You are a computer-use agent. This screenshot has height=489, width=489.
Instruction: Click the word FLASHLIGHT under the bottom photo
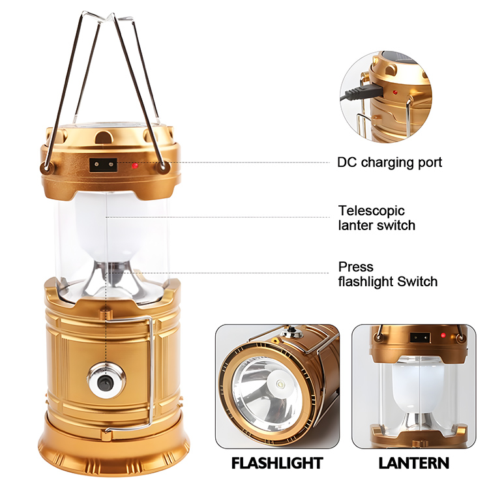[277, 463]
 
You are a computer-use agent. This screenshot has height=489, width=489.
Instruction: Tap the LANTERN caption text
[414, 463]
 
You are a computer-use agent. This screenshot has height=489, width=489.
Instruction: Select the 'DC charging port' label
[389, 162]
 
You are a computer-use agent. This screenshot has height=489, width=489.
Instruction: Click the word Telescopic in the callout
[372, 211]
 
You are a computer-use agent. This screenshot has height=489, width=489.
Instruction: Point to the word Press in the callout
[356, 267]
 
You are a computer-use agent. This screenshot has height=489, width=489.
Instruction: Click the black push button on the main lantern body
[104, 381]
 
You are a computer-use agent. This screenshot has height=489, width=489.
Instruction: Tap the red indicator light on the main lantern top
[135, 166]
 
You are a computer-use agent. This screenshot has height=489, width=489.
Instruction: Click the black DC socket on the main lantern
[104, 165]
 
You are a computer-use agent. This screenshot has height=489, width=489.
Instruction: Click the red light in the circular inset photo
[395, 93]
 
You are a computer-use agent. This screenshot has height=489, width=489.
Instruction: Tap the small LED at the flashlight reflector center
[280, 384]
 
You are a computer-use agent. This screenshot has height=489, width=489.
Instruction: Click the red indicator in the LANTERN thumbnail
[443, 336]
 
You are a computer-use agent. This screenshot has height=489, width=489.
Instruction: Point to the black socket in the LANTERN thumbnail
[421, 338]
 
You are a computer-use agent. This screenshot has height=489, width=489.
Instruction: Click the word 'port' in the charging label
[430, 163]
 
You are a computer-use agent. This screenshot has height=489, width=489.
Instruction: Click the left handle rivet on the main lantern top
[46, 168]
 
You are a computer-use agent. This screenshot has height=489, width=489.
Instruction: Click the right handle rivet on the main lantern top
[162, 167]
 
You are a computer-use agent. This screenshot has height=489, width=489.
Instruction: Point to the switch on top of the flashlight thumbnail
[292, 333]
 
